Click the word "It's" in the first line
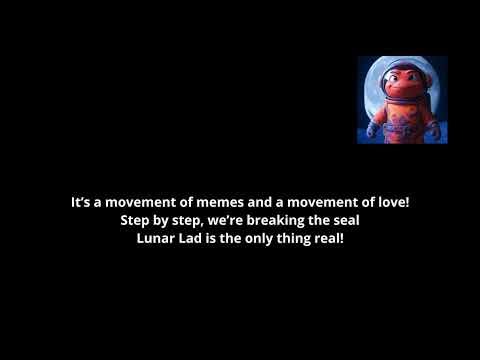[81, 202]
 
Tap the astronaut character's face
[401, 83]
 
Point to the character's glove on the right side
[432, 127]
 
